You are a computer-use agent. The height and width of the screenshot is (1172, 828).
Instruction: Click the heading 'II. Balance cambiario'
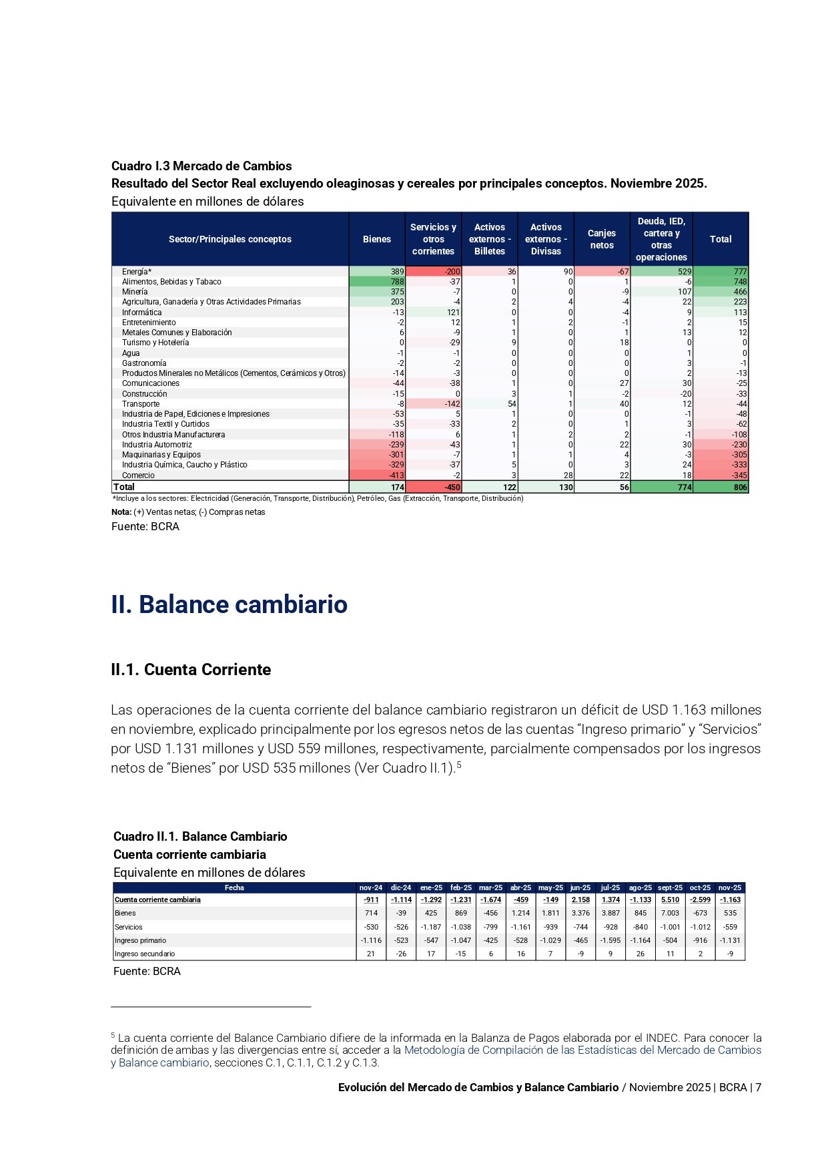[x=229, y=604]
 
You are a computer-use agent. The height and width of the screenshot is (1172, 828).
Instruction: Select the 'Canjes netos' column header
[x=602, y=239]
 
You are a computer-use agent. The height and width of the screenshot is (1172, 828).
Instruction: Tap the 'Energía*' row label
[x=137, y=272]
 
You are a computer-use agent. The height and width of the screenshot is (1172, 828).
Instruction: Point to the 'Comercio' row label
[x=138, y=475]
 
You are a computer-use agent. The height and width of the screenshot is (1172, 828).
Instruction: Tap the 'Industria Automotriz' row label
[x=157, y=445]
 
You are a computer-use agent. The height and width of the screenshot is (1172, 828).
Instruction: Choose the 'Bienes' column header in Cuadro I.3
[x=377, y=239]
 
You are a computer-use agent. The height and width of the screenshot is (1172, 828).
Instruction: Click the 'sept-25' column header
[x=670, y=888]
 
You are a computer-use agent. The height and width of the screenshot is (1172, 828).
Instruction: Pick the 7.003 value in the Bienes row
[x=670, y=913]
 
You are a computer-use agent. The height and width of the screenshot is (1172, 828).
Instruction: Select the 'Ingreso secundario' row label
[x=145, y=954]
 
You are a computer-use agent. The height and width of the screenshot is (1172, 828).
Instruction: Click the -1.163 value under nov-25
[x=730, y=900]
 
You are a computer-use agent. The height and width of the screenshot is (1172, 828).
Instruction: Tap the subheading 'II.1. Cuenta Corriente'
[x=191, y=670]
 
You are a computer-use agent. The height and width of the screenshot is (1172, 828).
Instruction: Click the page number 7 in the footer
[x=758, y=1087]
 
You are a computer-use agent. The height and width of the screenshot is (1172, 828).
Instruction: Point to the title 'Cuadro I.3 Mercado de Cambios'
[x=201, y=166]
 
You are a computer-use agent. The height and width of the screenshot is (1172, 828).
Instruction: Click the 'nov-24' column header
[x=371, y=888]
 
